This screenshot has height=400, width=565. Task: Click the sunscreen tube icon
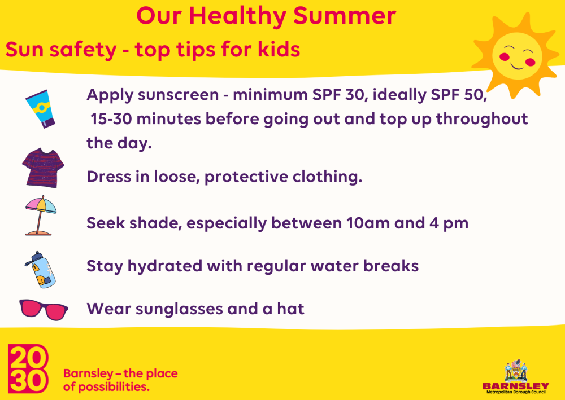click(x=40, y=109)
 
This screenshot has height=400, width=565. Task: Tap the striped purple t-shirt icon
click(x=43, y=168)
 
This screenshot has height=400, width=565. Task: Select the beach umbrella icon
click(x=41, y=216)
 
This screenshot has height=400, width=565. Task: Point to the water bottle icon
click(x=40, y=270)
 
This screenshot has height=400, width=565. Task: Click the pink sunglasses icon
click(x=44, y=309)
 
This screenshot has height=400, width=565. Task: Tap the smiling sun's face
click(x=517, y=56)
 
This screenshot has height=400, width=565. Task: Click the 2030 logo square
click(x=28, y=369)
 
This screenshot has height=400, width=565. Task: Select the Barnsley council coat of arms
click(x=516, y=371)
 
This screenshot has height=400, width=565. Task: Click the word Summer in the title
click(x=345, y=16)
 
